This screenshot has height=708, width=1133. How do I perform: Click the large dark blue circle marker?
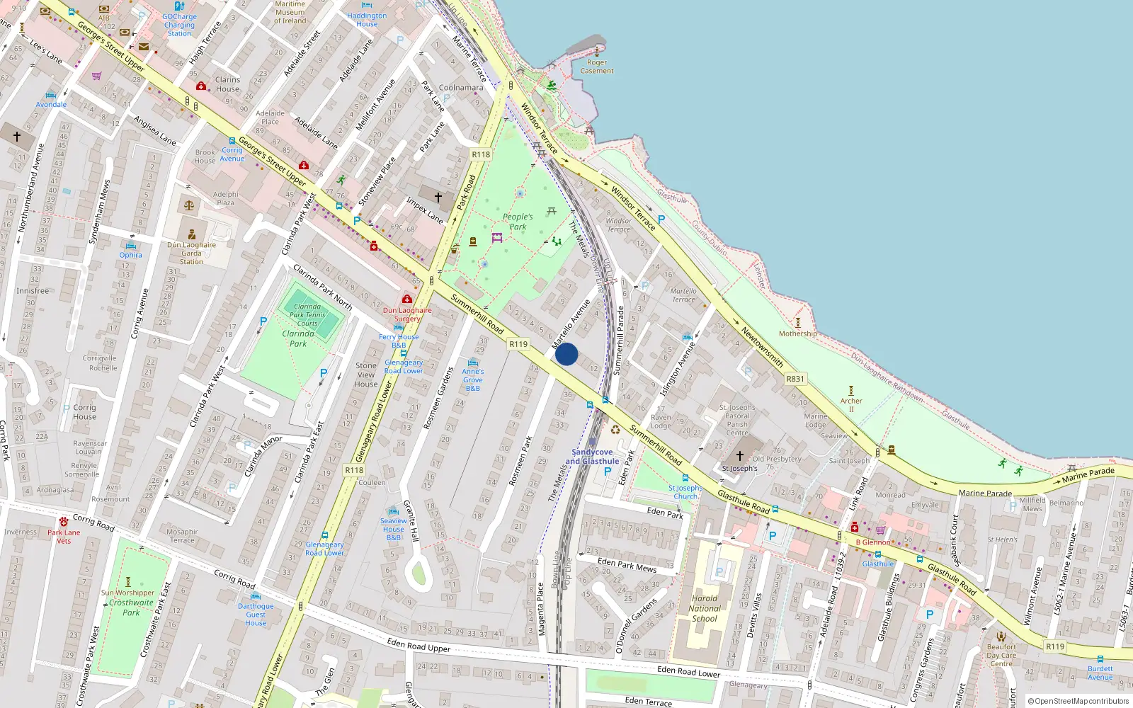click(x=566, y=354)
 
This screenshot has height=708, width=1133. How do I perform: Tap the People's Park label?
click(x=518, y=222)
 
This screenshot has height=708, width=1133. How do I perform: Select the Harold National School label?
click(x=705, y=608)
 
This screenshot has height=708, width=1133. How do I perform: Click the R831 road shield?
click(x=795, y=379)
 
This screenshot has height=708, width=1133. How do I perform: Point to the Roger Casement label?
click(x=597, y=67)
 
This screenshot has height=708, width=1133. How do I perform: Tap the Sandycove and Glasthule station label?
click(x=592, y=457)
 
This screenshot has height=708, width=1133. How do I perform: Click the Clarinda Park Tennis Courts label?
click(x=307, y=315)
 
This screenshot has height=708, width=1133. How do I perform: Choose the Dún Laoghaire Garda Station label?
click(x=191, y=253)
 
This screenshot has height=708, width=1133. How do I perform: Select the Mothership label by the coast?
click(x=798, y=333)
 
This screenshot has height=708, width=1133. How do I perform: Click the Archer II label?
click(x=851, y=404)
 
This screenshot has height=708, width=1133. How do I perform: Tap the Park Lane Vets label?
click(x=64, y=537)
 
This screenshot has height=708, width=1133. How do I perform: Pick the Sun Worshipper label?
click(x=127, y=593)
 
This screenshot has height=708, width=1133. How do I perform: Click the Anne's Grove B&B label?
click(x=473, y=379)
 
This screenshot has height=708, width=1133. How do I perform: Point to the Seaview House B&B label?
click(x=394, y=529)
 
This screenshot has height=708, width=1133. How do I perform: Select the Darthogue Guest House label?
click(x=256, y=615)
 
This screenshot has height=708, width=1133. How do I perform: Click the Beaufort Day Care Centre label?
click(x=1001, y=655)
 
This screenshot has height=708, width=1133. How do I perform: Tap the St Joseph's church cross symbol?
click(x=740, y=456)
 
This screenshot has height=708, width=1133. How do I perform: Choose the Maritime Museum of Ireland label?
click(x=290, y=12)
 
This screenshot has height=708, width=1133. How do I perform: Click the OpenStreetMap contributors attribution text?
click(x=1078, y=701)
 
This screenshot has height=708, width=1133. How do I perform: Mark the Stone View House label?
click(x=366, y=375)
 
